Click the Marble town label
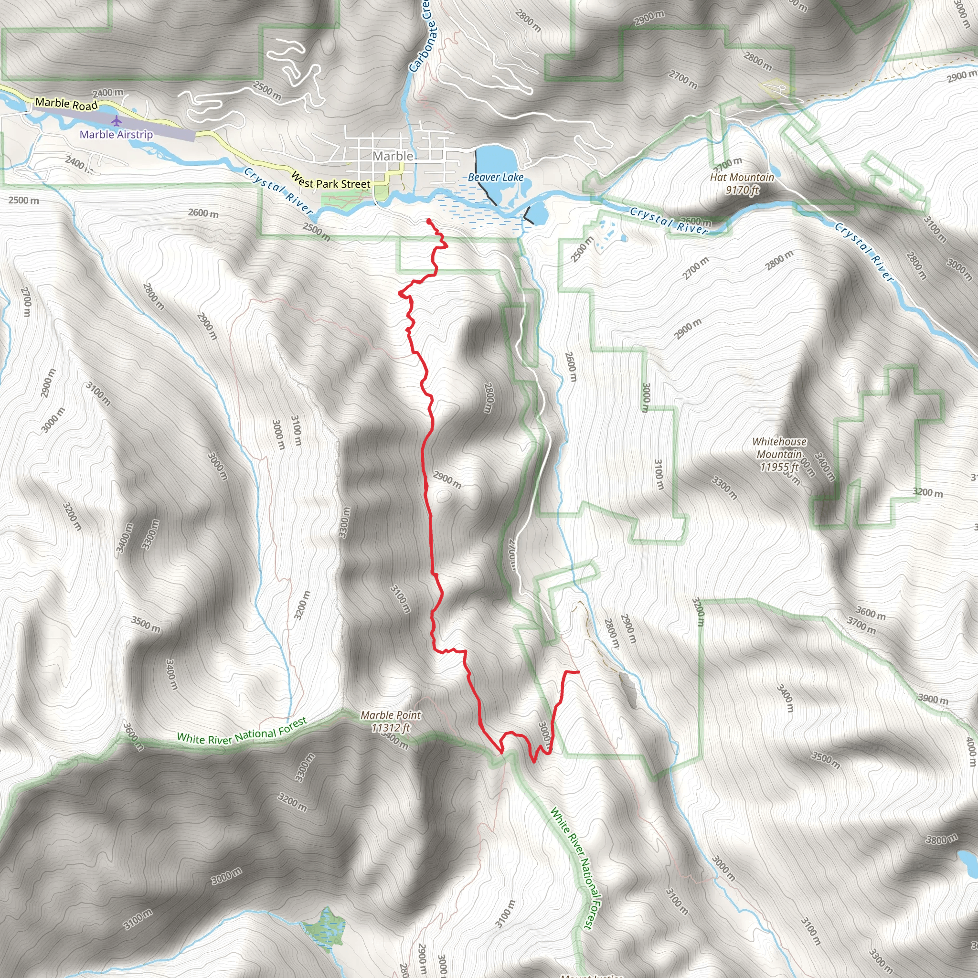(393, 157)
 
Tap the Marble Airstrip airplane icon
(117, 121)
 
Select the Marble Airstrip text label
(116, 135)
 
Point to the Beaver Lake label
(495, 177)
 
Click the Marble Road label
(66, 104)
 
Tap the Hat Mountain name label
(742, 177)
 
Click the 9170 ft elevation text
(742, 190)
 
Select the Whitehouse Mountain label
(779, 447)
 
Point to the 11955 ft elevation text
(779, 467)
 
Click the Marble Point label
(390, 715)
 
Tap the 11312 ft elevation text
(390, 727)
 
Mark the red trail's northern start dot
(429, 221)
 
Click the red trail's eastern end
(578, 672)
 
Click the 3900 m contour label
(933, 699)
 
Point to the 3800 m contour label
(942, 840)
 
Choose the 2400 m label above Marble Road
(108, 93)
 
